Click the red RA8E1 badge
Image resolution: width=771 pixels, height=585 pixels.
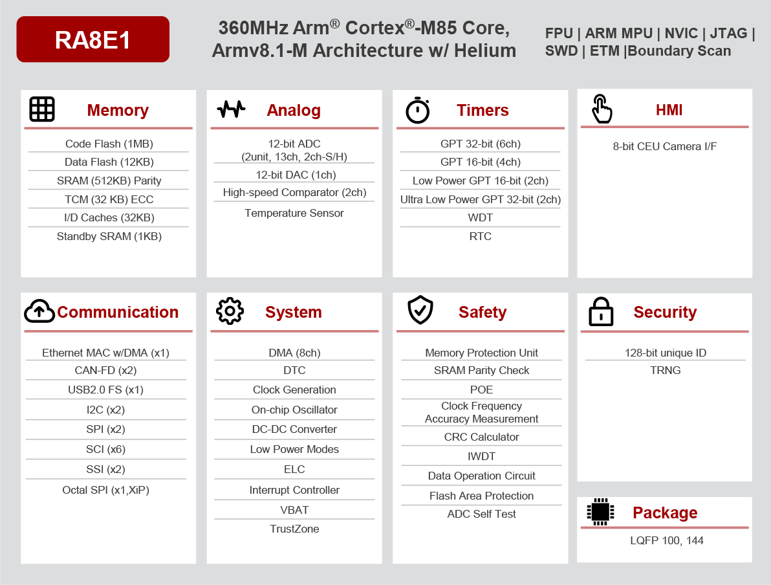tap(92, 39)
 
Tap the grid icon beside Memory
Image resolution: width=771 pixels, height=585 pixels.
tap(42, 109)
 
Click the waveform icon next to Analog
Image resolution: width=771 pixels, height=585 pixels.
tap(231, 109)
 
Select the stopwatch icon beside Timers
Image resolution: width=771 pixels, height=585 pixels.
tap(418, 110)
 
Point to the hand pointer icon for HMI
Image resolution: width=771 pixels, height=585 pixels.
tap(602, 109)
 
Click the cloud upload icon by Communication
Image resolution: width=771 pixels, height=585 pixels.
tap(39, 311)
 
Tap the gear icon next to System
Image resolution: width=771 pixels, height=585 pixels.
tap(230, 311)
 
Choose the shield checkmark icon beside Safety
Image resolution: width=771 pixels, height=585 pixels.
tap(420, 311)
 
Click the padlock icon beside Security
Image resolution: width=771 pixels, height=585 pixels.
tap(601, 312)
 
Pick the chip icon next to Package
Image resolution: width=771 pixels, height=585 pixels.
tap(600, 512)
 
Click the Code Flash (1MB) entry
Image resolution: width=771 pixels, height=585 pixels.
tap(109, 144)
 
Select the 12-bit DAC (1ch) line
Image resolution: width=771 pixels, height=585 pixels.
tap(294, 175)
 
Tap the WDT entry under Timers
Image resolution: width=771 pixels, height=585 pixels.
tap(480, 217)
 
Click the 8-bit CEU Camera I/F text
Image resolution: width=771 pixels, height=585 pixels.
tap(664, 146)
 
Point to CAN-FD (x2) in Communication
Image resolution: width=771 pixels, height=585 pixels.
tap(105, 370)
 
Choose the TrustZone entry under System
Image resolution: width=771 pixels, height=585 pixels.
tap(294, 529)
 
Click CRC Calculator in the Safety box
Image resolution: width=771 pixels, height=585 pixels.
tap(481, 437)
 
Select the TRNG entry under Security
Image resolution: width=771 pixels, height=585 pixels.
tap(665, 370)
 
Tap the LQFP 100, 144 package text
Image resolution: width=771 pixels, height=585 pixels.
tap(666, 540)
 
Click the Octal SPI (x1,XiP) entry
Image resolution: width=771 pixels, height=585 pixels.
tap(105, 490)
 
